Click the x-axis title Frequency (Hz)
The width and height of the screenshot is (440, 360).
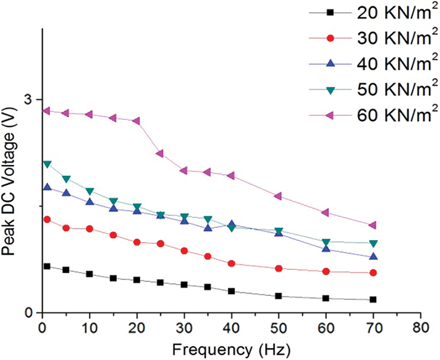click(x=232, y=350)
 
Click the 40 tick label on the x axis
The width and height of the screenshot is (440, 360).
click(x=231, y=326)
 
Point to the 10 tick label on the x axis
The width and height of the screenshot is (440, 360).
click(x=90, y=326)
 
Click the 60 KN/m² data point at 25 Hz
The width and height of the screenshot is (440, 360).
click(x=160, y=153)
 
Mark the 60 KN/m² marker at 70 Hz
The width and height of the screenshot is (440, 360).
click(x=373, y=225)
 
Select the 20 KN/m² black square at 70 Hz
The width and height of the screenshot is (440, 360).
click(x=373, y=299)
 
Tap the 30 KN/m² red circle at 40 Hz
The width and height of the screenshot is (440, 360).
click(x=231, y=264)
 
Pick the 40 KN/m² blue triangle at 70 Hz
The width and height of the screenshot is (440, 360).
click(x=373, y=256)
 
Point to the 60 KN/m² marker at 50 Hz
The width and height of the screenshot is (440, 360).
click(x=279, y=196)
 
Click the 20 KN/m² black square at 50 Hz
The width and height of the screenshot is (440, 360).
click(x=279, y=296)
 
